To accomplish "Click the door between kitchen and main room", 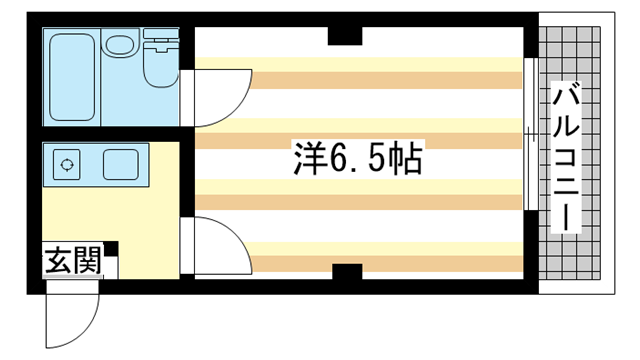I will pos(215,245).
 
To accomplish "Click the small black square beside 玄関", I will pos(112,248).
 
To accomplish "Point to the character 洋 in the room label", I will pos(304,158).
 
